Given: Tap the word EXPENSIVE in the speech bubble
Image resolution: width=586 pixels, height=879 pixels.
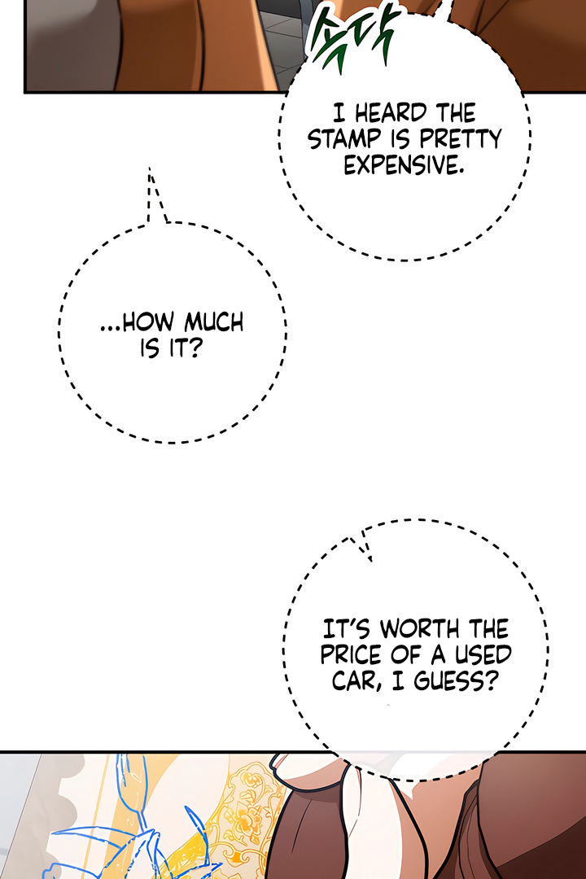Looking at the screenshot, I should [404, 165].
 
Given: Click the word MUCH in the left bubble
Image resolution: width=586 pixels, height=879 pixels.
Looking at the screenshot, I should [212, 323].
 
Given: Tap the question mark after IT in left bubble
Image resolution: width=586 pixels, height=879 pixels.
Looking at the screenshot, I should [196, 352].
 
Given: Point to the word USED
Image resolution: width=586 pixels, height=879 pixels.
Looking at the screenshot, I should [481, 655].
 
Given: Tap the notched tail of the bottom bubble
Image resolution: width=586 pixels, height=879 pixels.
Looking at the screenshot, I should [363, 544].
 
